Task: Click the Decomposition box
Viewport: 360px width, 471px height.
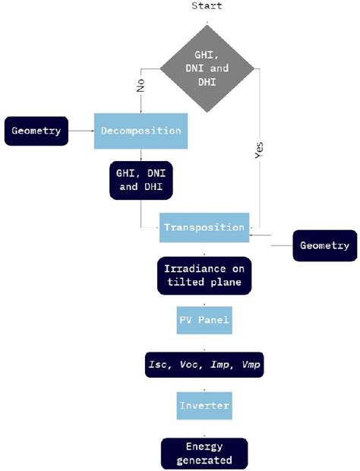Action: coord(141,130)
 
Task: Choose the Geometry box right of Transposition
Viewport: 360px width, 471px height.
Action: coord(325,245)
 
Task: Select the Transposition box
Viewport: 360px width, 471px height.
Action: coord(204,226)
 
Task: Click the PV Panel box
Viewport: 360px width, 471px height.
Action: coord(204,321)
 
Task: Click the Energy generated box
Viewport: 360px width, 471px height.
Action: coord(204,453)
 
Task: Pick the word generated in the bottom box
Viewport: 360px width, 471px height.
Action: coord(204,460)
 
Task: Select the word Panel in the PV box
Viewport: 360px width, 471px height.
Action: coord(213,321)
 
